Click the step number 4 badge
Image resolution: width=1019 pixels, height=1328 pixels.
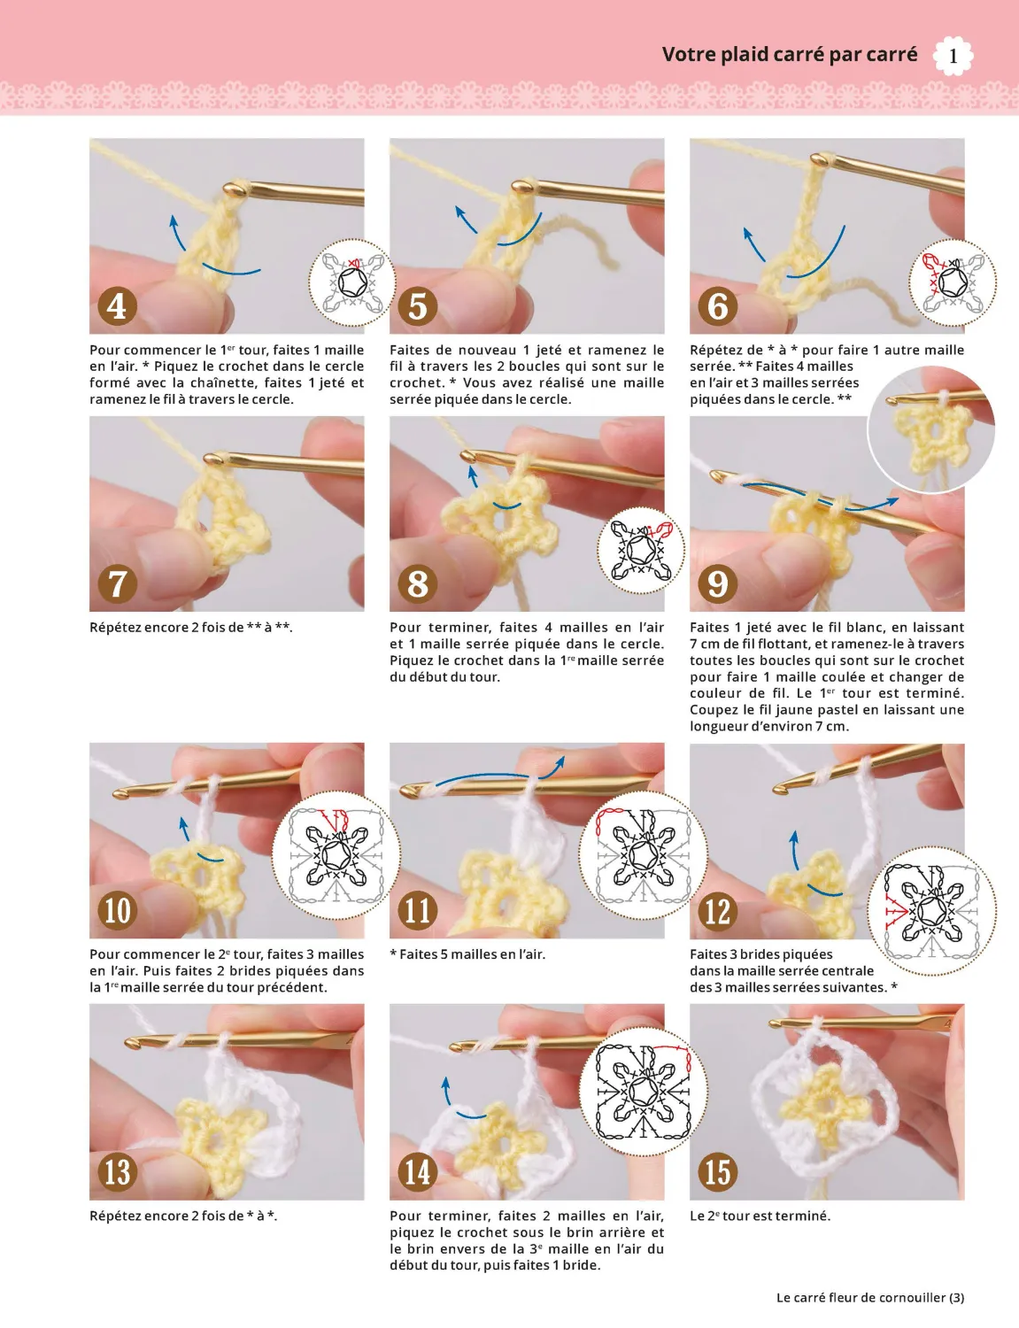click(x=117, y=305)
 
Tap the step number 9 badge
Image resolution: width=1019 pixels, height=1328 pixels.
click(x=717, y=583)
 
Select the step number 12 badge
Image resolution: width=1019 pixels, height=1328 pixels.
click(x=717, y=911)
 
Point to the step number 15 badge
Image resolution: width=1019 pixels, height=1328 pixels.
click(x=717, y=1172)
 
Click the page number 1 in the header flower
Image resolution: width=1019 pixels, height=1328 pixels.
click(x=953, y=56)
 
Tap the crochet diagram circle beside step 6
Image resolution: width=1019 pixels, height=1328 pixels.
click(x=952, y=282)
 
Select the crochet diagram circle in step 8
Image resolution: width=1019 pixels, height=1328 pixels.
click(x=641, y=550)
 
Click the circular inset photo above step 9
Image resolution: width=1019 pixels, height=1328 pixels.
click(x=931, y=428)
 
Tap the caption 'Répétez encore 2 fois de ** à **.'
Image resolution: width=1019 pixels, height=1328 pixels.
click(x=190, y=628)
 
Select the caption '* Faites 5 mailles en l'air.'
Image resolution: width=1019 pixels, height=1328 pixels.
click(x=467, y=954)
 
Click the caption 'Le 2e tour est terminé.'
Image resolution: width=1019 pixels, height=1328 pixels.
click(x=760, y=1216)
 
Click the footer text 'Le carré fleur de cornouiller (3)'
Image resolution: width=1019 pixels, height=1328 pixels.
click(x=869, y=1297)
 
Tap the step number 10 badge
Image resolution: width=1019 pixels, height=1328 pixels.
click(x=117, y=911)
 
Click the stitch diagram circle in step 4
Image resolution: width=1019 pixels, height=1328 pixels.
click(x=352, y=282)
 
